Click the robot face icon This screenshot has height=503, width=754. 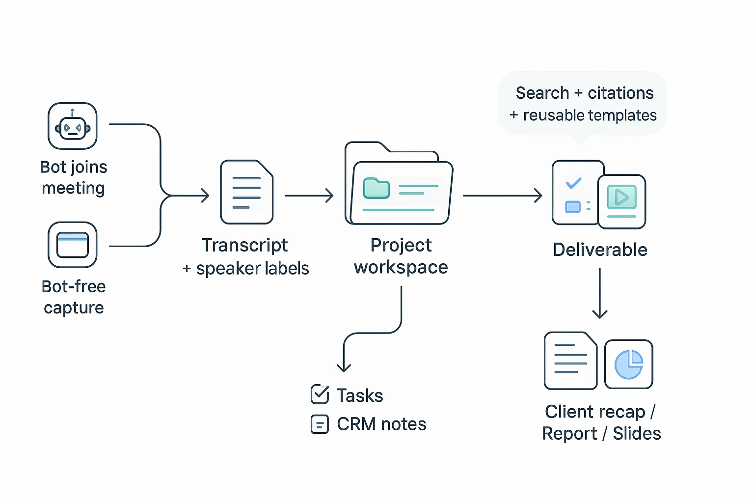pyautogui.click(x=73, y=127)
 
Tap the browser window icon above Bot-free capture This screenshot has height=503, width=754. pyautogui.click(x=73, y=245)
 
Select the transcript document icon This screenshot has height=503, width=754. pyautogui.click(x=246, y=192)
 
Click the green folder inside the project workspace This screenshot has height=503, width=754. pyautogui.click(x=376, y=188)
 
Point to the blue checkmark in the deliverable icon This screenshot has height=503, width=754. pyautogui.click(x=573, y=183)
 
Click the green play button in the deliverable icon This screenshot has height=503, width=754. pyautogui.click(x=621, y=197)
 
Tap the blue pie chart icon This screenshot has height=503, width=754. pyautogui.click(x=629, y=364)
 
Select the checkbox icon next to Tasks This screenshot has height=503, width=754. pyautogui.click(x=320, y=394)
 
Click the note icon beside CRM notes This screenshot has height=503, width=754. pyautogui.click(x=320, y=424)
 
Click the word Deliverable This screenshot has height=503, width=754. pyautogui.click(x=600, y=250)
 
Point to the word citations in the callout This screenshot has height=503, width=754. pyautogui.click(x=620, y=93)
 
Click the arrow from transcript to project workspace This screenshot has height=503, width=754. pyautogui.click(x=309, y=196)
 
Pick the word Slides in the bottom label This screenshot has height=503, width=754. pyautogui.click(x=637, y=433)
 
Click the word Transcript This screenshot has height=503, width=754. pyautogui.click(x=244, y=245)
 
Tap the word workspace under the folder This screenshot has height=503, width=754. pyautogui.click(x=401, y=267)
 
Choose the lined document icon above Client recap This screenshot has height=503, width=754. pyautogui.click(x=570, y=361)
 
